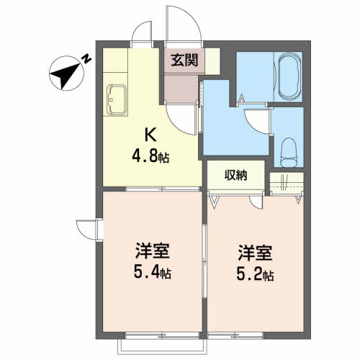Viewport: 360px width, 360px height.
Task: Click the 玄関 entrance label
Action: pos(184,60)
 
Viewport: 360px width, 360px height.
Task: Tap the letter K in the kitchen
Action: pos(150,135)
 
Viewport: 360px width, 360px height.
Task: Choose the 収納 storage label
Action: pos(235,175)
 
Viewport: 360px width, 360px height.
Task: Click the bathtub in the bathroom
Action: pos(289,76)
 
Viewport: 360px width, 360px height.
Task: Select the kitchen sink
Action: pos(117,100)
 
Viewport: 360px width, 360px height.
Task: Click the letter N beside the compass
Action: pos(86,59)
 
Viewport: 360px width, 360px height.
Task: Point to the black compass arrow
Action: pos(66,75)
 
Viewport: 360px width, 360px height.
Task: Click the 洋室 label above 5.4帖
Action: pos(153,251)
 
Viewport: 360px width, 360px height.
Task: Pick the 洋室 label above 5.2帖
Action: pos(255,253)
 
